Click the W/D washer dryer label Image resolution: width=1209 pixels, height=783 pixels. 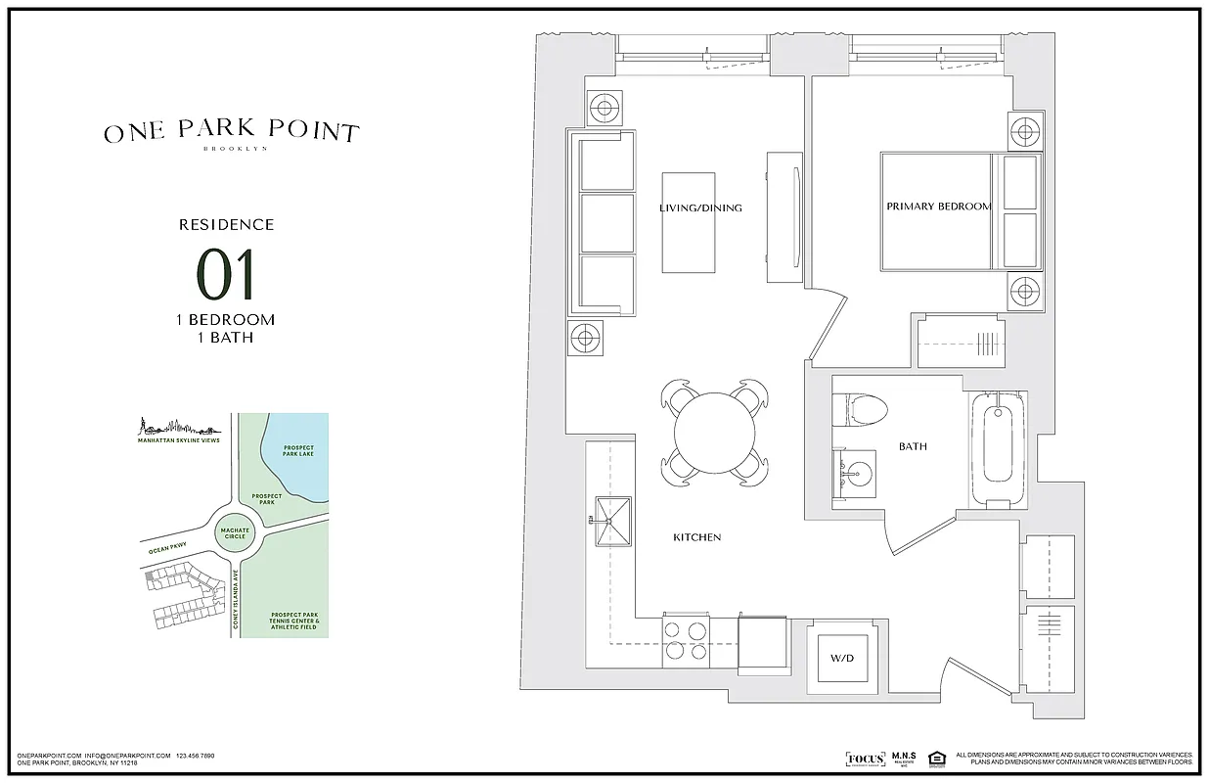(x=842, y=658)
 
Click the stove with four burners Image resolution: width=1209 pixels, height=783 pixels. (x=686, y=641)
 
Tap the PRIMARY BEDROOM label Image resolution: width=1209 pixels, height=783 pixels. (x=938, y=207)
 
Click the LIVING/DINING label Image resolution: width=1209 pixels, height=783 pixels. (x=700, y=207)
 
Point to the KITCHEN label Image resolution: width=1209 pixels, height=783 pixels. (x=697, y=537)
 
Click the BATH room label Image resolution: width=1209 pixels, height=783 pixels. (x=913, y=446)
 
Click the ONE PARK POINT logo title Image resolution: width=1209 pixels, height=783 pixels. (x=232, y=132)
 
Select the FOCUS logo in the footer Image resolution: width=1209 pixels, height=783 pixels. (x=865, y=760)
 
